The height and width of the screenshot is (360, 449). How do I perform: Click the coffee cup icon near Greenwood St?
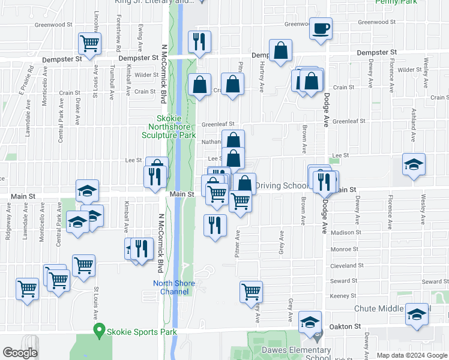pyautogui.click(x=321, y=28)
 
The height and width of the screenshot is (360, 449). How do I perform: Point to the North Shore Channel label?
pyautogui.click(x=171, y=287)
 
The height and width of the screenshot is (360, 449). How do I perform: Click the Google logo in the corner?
pyautogui.click(x=20, y=353)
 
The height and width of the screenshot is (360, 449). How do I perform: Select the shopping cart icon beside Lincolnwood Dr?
pyautogui.click(x=89, y=43)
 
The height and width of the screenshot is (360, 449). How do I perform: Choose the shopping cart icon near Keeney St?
pyautogui.click(x=251, y=292)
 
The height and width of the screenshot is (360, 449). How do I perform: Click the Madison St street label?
pyautogui.click(x=346, y=232)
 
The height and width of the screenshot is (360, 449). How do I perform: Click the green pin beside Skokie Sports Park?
pyautogui.click(x=100, y=330)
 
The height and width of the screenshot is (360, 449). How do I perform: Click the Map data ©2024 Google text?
pyautogui.click(x=411, y=355)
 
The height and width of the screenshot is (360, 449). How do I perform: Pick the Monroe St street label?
pyautogui.click(x=345, y=248)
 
